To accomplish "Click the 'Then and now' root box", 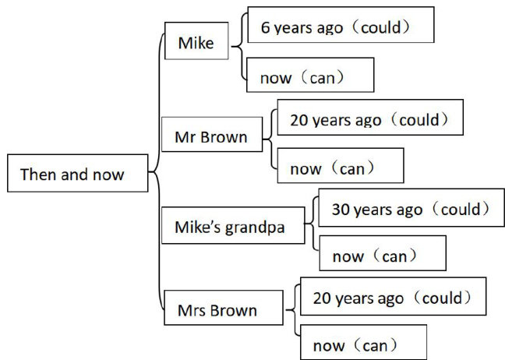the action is (x=76, y=174).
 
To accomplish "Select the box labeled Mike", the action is (x=196, y=42).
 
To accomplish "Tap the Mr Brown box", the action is (x=211, y=138).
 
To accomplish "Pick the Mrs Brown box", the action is (x=222, y=310).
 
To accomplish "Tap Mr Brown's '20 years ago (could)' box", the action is (x=369, y=120).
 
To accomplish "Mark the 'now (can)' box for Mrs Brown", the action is (x=362, y=344).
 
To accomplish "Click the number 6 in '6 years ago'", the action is (x=264, y=29).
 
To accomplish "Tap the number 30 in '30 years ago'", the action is (x=341, y=209).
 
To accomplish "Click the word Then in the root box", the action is (x=35, y=174).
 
